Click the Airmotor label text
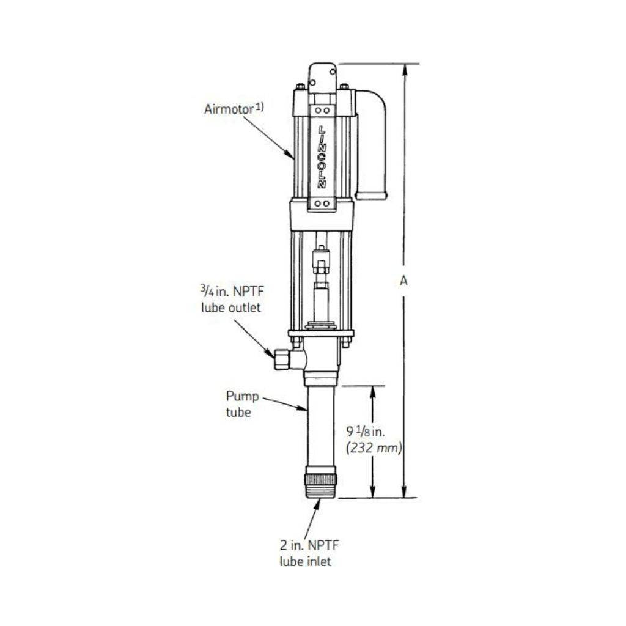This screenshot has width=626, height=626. pyautogui.click(x=228, y=110)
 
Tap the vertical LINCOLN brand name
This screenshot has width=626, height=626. pyautogui.click(x=322, y=156)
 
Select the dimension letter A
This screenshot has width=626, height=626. pyautogui.click(x=403, y=281)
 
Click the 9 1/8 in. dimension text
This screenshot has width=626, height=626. pyautogui.click(x=367, y=432)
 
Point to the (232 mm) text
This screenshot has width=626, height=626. pyautogui.click(x=374, y=448)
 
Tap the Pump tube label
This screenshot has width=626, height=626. pyautogui.click(x=238, y=404)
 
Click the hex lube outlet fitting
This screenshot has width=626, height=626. pyautogui.click(x=282, y=359)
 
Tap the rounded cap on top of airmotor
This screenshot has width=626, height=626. pyautogui.click(x=322, y=76)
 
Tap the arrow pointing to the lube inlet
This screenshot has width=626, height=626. pyautogui.click(x=312, y=517)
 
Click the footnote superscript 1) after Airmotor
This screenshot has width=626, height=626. pyautogui.click(x=259, y=106)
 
